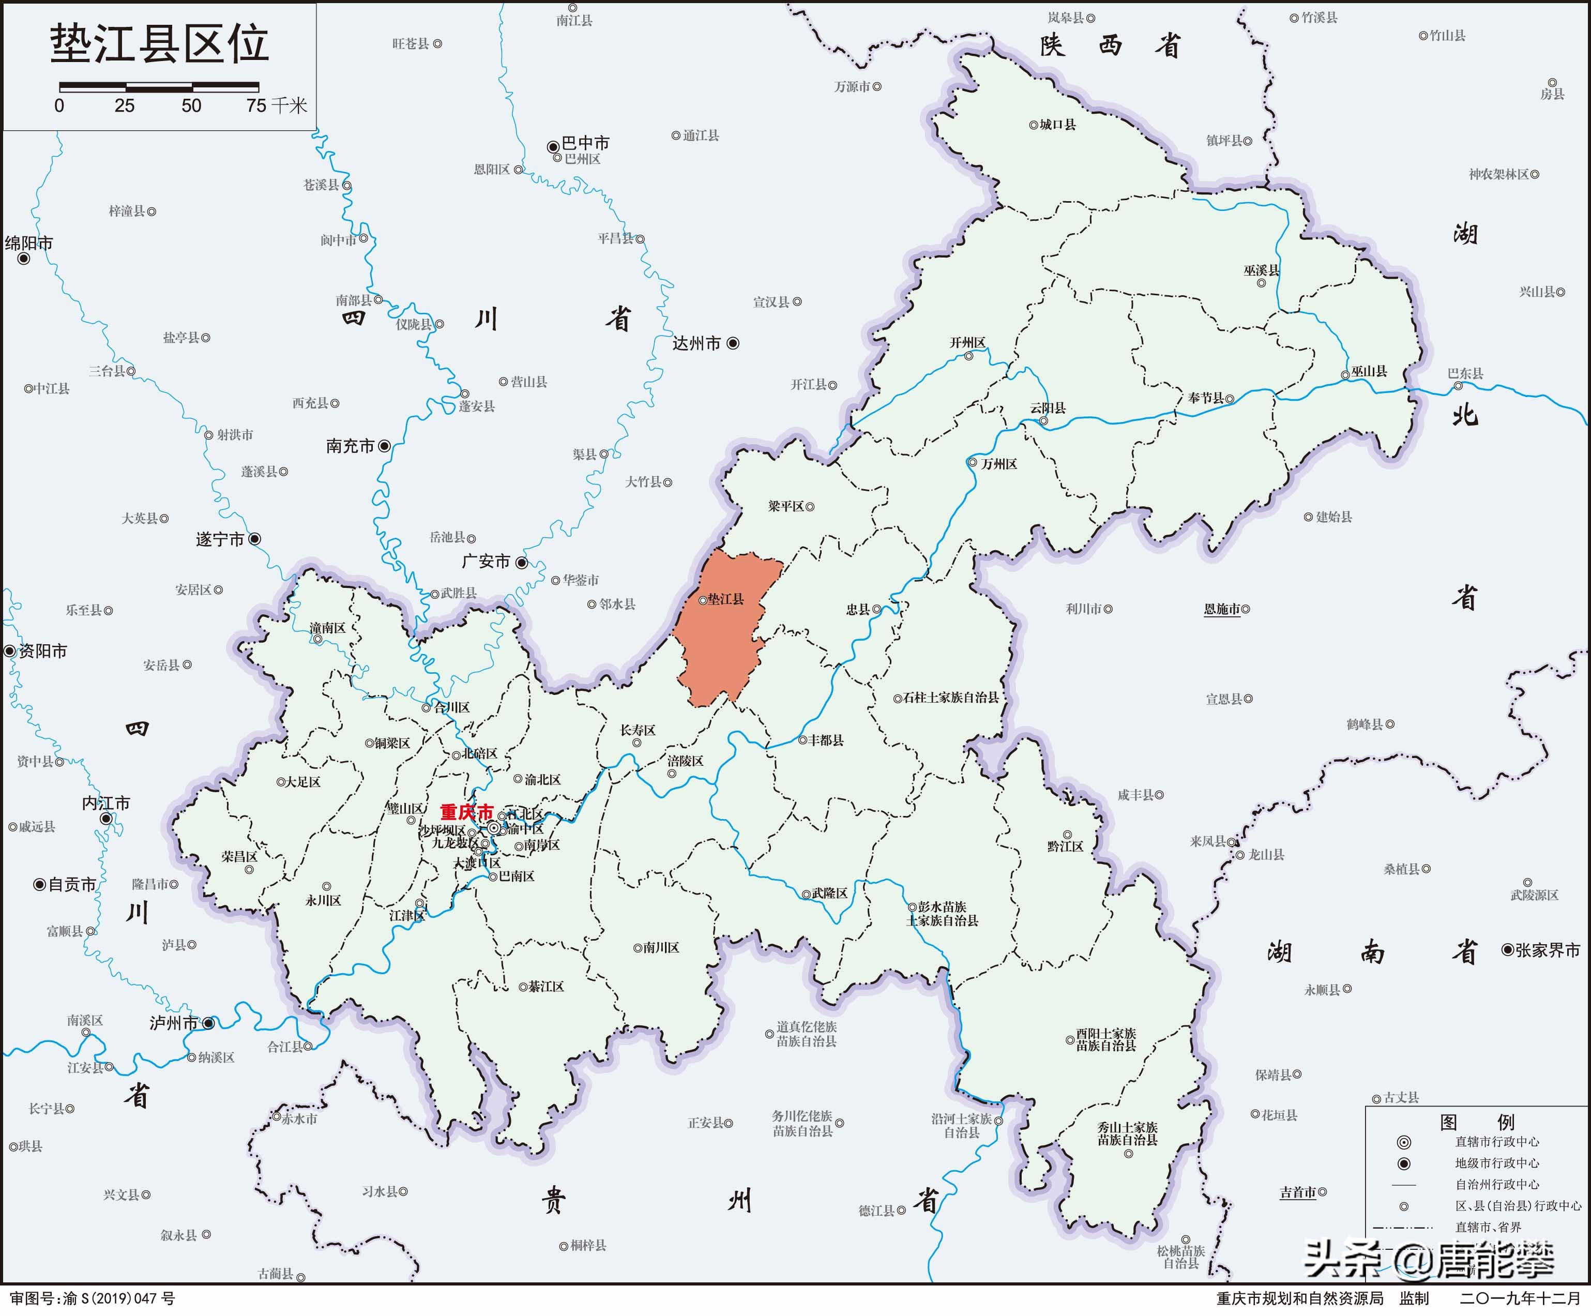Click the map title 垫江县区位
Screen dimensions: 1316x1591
[159, 43]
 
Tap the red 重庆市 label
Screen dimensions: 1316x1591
[466, 812]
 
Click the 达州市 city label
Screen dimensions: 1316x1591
[696, 343]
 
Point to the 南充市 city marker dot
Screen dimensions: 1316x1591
[384, 446]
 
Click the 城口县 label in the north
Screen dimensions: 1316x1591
[1057, 124]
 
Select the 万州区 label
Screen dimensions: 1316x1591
[998, 464]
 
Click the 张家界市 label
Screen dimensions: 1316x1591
[1547, 950]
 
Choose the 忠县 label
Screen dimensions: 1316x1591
[858, 609]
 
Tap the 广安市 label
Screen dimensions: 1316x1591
[486, 562]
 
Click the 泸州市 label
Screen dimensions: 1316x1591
[174, 1023]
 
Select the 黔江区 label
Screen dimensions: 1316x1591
[1065, 846]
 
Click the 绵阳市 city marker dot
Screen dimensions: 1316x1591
[23, 259]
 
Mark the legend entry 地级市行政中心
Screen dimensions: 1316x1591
[1497, 1163]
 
